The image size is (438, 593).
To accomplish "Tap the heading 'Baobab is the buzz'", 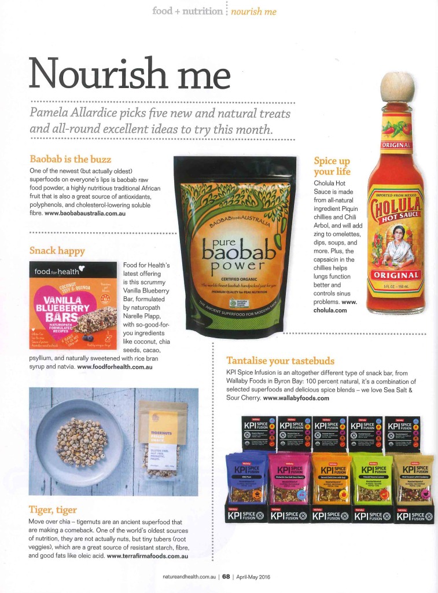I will point(71,159).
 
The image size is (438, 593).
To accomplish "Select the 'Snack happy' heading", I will point(57,251).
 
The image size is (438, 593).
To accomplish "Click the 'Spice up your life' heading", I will point(332,166).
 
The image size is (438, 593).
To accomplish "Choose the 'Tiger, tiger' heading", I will point(53,510).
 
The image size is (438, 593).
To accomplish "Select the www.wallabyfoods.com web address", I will point(296,398).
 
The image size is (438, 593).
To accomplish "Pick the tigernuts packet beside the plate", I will point(163,440).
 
